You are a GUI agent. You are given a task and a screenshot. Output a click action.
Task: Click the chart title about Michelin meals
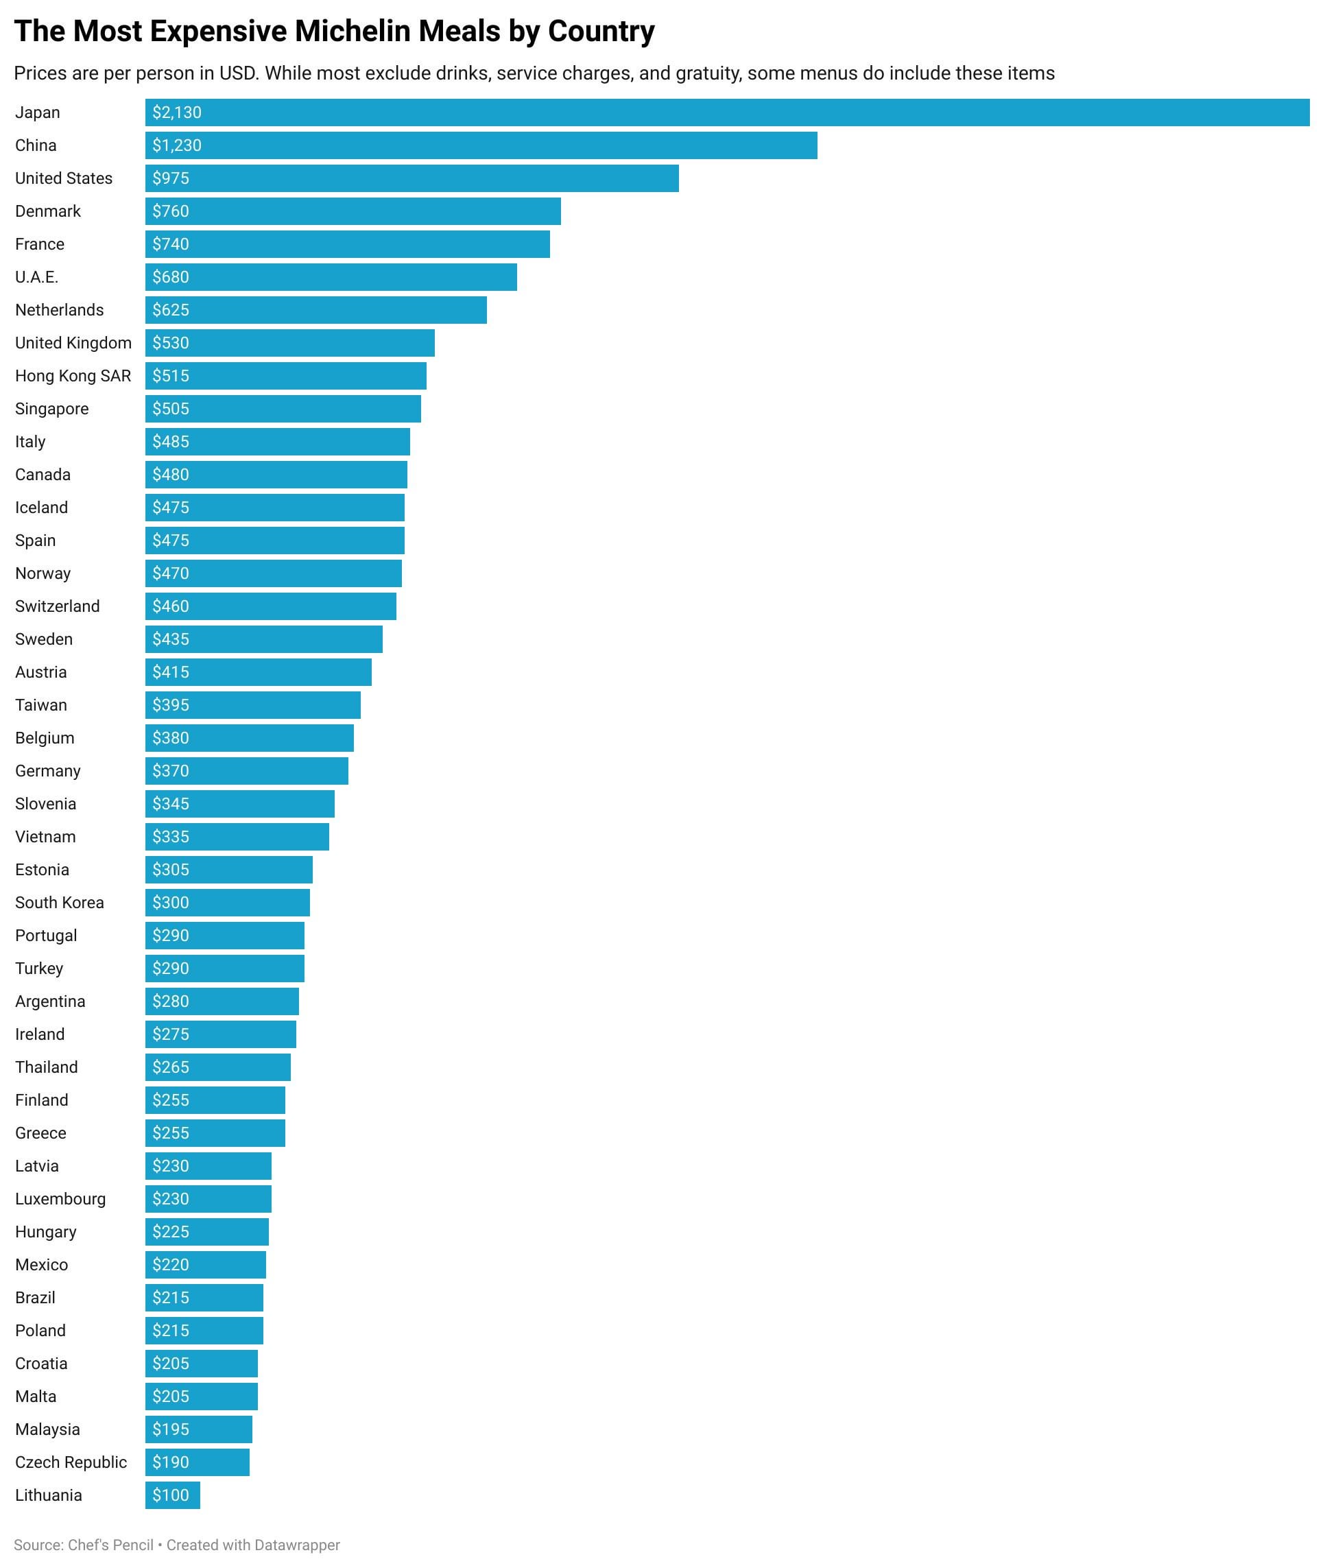(x=334, y=32)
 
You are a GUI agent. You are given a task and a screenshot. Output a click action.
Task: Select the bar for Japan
(x=727, y=112)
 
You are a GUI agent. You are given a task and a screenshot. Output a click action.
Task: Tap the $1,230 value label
(x=176, y=145)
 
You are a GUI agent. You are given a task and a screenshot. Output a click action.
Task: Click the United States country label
(x=64, y=179)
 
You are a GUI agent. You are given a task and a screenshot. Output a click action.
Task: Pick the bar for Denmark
(x=353, y=212)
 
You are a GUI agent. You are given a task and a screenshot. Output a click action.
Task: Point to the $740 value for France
(x=171, y=244)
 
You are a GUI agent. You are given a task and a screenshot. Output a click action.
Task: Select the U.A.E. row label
(x=37, y=277)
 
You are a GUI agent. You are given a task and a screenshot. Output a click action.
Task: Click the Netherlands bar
(x=315, y=310)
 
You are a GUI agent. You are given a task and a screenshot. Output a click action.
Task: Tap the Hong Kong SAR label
(x=73, y=377)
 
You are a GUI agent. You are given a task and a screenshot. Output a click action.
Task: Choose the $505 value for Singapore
(x=171, y=409)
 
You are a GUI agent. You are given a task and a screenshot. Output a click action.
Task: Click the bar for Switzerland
(x=270, y=606)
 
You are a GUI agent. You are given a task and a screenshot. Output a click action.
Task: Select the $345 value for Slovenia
(x=171, y=804)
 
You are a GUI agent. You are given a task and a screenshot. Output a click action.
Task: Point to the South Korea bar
(x=228, y=903)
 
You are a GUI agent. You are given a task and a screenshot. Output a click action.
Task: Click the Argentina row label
(x=50, y=1001)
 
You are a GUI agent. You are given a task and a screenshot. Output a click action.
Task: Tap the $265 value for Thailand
(x=171, y=1067)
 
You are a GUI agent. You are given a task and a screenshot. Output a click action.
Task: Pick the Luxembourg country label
(x=60, y=1199)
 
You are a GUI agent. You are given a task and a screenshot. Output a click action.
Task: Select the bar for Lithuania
(x=173, y=1495)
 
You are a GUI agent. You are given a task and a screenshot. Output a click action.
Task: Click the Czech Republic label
(x=71, y=1462)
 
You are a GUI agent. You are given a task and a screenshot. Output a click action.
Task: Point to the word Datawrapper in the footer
(x=297, y=1545)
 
